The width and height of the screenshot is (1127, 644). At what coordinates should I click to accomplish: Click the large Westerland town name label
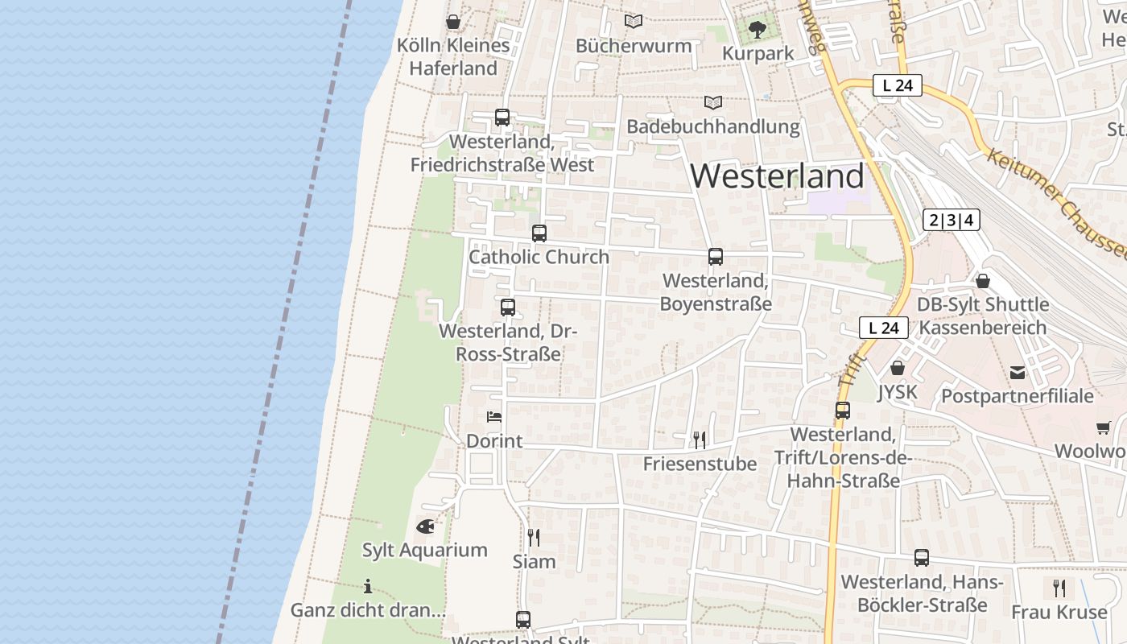pyautogui.click(x=777, y=175)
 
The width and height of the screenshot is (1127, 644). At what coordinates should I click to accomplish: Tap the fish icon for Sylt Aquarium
pyautogui.click(x=425, y=526)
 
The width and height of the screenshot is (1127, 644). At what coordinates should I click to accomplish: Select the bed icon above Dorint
pyautogui.click(x=494, y=416)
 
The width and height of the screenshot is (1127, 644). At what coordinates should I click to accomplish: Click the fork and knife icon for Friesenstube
pyautogui.click(x=700, y=440)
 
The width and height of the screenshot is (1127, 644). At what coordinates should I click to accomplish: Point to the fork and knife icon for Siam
pyautogui.click(x=534, y=537)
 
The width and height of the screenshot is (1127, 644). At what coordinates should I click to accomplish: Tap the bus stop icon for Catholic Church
pyautogui.click(x=539, y=233)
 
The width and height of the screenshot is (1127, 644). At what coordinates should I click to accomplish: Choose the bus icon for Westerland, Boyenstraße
pyautogui.click(x=716, y=257)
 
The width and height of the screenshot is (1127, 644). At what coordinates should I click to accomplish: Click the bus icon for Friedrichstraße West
pyautogui.click(x=502, y=118)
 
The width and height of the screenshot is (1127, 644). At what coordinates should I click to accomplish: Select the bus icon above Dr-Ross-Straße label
pyautogui.click(x=508, y=307)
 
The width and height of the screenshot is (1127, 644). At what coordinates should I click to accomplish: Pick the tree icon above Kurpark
pyautogui.click(x=757, y=30)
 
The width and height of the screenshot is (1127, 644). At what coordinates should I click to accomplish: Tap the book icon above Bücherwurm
pyautogui.click(x=634, y=22)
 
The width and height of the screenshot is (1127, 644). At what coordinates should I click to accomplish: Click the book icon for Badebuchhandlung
pyautogui.click(x=713, y=102)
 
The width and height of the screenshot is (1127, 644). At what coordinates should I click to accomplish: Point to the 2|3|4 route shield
pyautogui.click(x=951, y=220)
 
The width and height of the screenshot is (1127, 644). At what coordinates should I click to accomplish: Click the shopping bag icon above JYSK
pyautogui.click(x=898, y=368)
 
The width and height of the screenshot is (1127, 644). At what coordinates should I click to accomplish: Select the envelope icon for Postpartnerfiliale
pyautogui.click(x=1018, y=372)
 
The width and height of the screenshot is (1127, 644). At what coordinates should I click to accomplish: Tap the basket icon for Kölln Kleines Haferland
pyautogui.click(x=453, y=22)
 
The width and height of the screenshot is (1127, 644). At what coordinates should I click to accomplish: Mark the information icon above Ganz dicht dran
pyautogui.click(x=368, y=586)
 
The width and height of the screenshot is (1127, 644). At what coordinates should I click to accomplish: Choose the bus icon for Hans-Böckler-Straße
pyautogui.click(x=922, y=557)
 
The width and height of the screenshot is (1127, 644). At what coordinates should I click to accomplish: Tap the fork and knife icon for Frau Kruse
pyautogui.click(x=1059, y=588)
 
